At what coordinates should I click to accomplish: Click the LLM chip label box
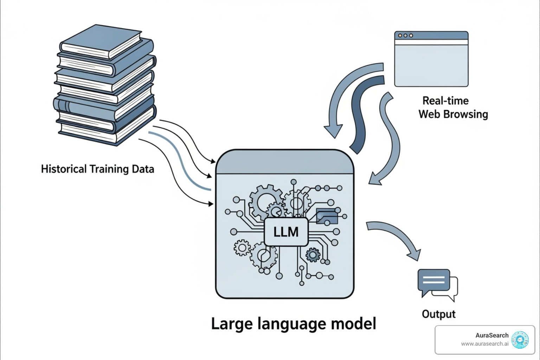[286, 232]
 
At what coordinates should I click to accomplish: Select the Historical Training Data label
[97, 169]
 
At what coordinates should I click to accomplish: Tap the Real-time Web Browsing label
[453, 108]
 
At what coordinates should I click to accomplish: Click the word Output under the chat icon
[438, 314]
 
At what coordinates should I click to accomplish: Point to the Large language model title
[293, 324]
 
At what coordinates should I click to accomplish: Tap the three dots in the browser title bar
[405, 36]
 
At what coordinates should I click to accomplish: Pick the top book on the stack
[102, 41]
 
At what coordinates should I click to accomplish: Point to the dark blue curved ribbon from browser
[362, 112]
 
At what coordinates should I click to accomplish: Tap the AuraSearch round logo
[520, 340]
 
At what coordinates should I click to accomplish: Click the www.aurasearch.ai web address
[484, 344]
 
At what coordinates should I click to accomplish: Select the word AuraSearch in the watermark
[491, 335]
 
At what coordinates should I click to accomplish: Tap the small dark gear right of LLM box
[313, 255]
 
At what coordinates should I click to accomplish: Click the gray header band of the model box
[285, 163]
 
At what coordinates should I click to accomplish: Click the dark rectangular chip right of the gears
[327, 216]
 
